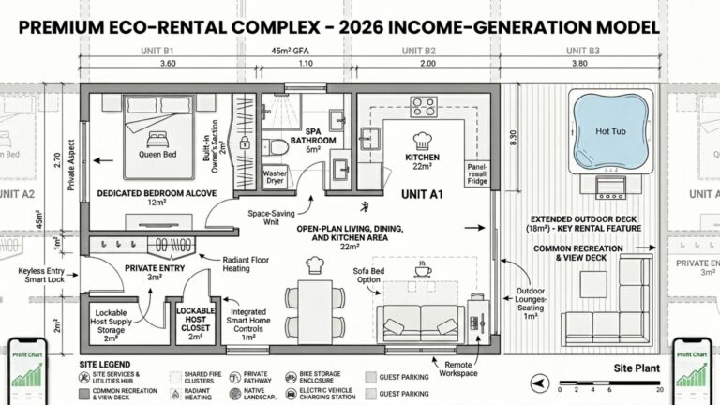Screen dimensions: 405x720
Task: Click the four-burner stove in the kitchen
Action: (423, 107)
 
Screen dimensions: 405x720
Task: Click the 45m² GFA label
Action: (292, 50)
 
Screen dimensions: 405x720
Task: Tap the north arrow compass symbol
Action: (541, 382)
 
